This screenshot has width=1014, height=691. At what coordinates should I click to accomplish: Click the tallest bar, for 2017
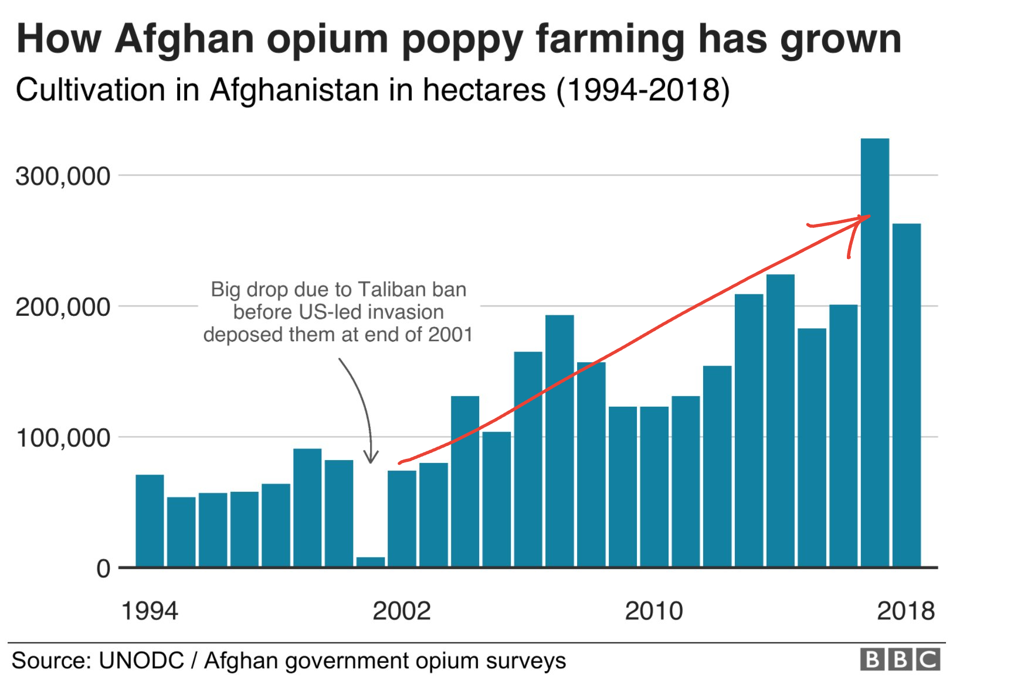tap(874, 352)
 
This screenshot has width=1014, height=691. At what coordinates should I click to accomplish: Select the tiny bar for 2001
tap(371, 561)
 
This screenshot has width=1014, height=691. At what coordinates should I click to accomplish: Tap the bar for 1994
tap(150, 520)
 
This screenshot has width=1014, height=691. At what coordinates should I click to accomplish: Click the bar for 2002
tap(402, 518)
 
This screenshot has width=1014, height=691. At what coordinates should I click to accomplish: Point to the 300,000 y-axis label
tap(63, 176)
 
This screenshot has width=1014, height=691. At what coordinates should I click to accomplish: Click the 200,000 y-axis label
tap(63, 307)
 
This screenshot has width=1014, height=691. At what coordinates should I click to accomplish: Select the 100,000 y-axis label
tap(63, 438)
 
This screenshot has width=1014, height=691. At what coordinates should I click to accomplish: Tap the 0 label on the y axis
tap(103, 569)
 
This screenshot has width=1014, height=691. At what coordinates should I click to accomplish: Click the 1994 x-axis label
tap(150, 611)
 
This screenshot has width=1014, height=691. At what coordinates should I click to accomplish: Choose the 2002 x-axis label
tap(402, 611)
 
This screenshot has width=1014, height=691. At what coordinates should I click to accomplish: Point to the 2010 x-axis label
tap(654, 611)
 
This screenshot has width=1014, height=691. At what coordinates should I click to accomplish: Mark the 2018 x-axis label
tap(906, 611)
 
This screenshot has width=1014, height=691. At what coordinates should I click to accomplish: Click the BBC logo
tap(900, 659)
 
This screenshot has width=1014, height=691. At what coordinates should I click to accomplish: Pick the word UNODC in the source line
tap(141, 661)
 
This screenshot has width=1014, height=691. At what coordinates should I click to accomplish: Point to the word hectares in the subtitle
tap(484, 90)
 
